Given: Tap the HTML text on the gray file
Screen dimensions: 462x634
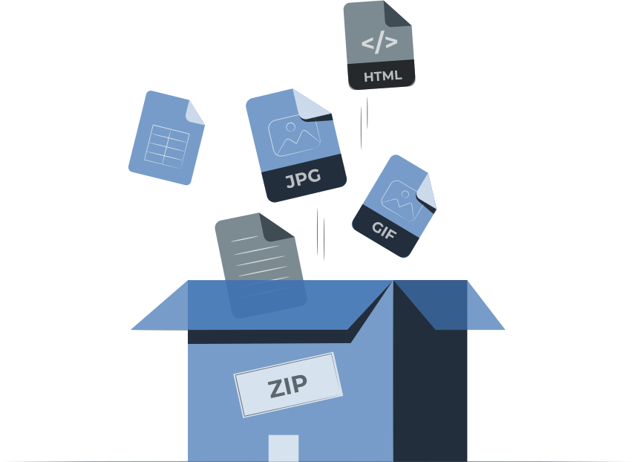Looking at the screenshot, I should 382,76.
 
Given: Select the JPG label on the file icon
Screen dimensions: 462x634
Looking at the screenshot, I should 303,179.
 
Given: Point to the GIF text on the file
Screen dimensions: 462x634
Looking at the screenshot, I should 385,232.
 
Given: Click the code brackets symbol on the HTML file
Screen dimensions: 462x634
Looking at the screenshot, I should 379,43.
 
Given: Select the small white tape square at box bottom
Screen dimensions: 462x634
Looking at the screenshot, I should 283,448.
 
